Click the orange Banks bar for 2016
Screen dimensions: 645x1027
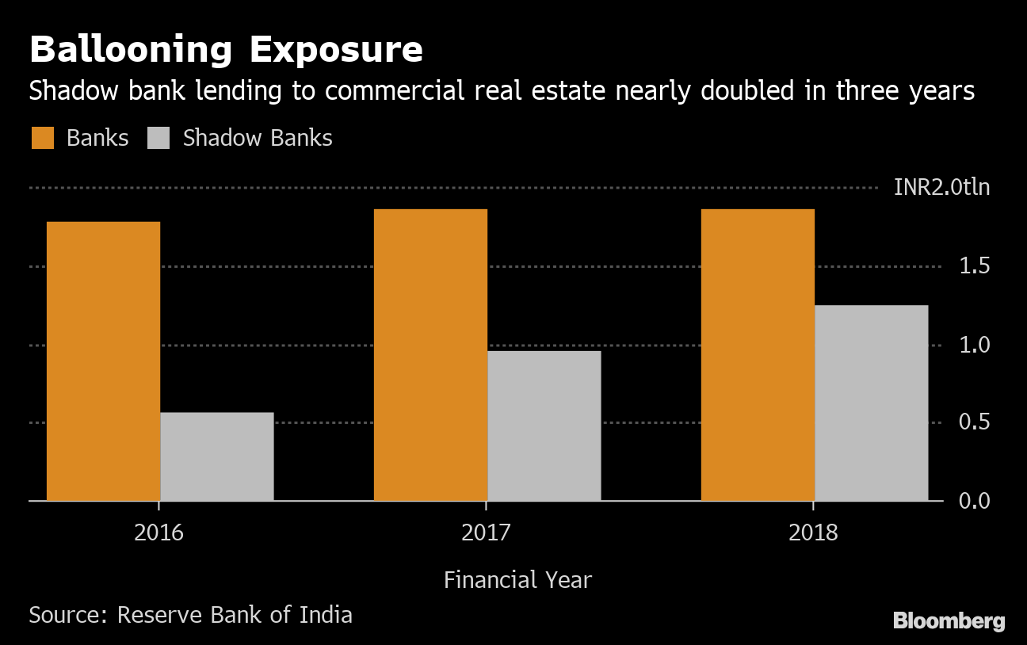tap(103, 361)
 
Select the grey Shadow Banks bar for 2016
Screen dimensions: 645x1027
tap(216, 456)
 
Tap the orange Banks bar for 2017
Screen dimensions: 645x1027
tap(430, 355)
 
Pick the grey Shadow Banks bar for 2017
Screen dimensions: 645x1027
tap(544, 426)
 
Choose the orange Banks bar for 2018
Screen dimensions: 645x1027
tap(758, 355)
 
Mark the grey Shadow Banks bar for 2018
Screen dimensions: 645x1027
tap(871, 403)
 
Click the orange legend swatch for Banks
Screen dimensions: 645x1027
tap(43, 138)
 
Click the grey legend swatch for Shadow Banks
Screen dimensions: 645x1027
tap(159, 138)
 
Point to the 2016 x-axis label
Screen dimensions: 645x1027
tap(158, 532)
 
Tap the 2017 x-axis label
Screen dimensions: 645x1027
tap(486, 532)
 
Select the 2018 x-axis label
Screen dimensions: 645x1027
tap(813, 532)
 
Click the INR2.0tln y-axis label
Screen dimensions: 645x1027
tap(941, 188)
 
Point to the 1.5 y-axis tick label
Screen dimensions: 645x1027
tap(975, 266)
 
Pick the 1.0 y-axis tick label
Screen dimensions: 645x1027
tap(975, 345)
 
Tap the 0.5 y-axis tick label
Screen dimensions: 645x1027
tap(975, 422)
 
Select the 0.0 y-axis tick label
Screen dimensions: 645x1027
tap(975, 501)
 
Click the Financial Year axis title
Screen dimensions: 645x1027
tap(517, 580)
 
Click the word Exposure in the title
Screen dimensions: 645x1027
tap(336, 51)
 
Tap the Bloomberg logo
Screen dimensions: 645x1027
tap(949, 621)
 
